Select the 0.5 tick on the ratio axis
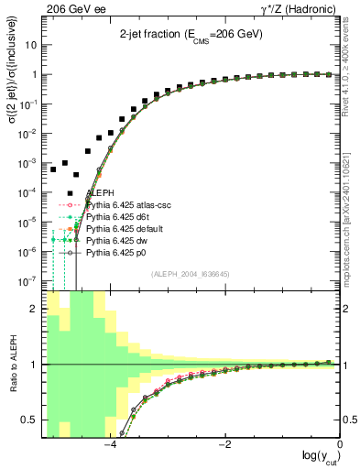(30, 420)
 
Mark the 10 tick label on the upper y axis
(31, 45)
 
